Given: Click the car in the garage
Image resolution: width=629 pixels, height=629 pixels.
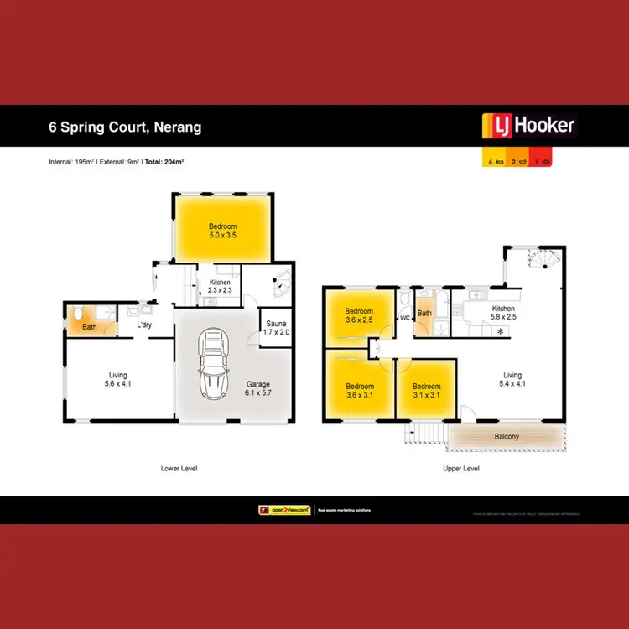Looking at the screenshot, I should pyautogui.click(x=213, y=366).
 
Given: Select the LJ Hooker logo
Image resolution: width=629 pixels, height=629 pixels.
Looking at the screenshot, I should pyautogui.click(x=528, y=126).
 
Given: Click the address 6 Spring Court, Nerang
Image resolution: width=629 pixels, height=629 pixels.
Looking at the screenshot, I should pyautogui.click(x=125, y=128).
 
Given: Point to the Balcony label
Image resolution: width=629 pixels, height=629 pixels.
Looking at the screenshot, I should pyautogui.click(x=506, y=436).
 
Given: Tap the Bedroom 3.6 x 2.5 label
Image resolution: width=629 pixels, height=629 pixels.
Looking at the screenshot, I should pyautogui.click(x=360, y=314).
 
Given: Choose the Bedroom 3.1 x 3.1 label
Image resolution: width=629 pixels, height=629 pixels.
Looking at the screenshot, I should pyautogui.click(x=427, y=392).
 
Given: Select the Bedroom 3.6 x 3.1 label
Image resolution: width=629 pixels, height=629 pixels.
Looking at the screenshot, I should pyautogui.click(x=360, y=392).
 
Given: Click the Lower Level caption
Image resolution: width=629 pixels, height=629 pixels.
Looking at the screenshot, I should pyautogui.click(x=178, y=468).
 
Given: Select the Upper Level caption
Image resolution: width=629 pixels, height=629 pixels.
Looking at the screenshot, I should pyautogui.click(x=460, y=468).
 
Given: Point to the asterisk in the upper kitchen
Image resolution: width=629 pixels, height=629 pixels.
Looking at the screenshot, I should pyautogui.click(x=501, y=333).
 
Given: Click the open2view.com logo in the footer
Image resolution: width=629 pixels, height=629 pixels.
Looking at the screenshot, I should pyautogui.click(x=283, y=510).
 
